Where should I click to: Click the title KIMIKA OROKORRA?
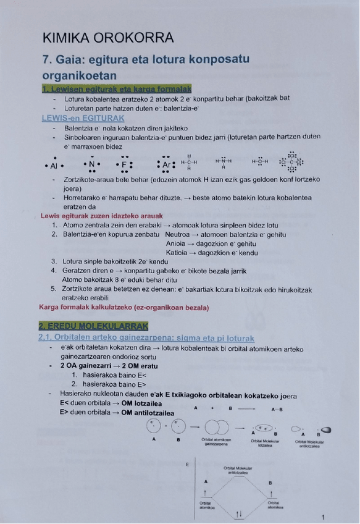108,38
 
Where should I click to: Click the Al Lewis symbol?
54,166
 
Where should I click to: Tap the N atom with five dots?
91,165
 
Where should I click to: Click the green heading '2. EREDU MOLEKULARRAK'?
93,326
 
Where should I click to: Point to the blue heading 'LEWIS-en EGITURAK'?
83,117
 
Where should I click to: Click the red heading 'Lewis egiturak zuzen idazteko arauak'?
101,216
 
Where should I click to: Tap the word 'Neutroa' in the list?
178,235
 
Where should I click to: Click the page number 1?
324,516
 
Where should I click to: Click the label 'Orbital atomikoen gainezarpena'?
217,442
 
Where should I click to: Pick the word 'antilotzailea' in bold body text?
149,413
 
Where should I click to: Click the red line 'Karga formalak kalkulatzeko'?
124,308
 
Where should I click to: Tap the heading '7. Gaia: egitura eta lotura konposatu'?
146,60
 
